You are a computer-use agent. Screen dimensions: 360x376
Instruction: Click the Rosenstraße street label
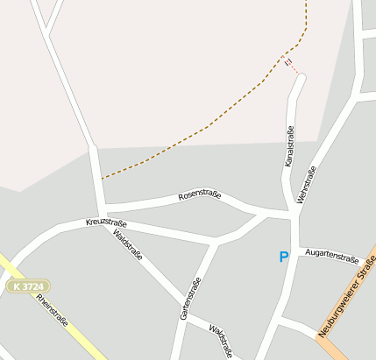click(x=199, y=195)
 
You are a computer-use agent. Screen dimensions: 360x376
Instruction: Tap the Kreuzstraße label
click(x=106, y=223)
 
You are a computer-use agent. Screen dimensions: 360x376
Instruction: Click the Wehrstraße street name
click(x=307, y=186)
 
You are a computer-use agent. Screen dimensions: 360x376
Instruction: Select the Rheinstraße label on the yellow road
click(x=53, y=309)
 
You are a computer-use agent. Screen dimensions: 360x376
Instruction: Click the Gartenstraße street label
click(x=190, y=298)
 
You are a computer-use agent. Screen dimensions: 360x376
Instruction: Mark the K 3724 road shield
click(x=29, y=286)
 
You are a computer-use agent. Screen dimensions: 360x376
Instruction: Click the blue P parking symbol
click(x=283, y=257)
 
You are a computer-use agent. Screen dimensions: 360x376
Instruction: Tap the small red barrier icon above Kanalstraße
click(x=287, y=62)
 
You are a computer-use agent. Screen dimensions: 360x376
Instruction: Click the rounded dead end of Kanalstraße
click(x=301, y=79)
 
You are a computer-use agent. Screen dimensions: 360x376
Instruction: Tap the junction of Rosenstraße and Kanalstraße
click(x=288, y=214)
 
